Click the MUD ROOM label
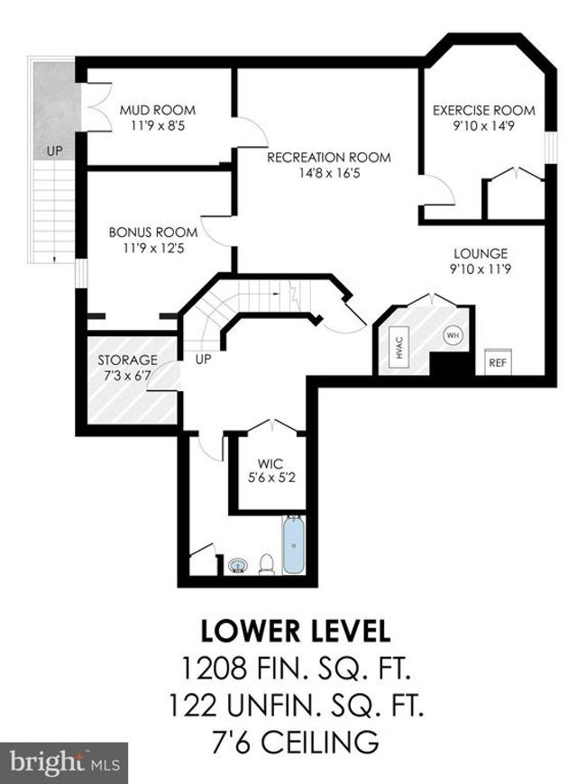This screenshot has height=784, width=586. (x=157, y=110)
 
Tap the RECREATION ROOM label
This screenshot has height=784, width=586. (x=329, y=158)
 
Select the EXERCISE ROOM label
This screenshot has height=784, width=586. (x=484, y=110)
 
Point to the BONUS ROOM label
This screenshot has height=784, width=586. (x=153, y=232)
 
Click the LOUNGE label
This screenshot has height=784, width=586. (x=481, y=253)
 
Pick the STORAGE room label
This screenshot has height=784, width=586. (x=127, y=360)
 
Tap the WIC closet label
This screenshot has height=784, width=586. (x=270, y=463)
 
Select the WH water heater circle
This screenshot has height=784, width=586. (x=453, y=334)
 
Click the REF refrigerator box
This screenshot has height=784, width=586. (x=498, y=362)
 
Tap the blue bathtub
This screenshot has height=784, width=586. (x=294, y=544)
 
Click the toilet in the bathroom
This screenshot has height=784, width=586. (x=267, y=564)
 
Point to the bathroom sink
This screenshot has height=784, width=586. (x=238, y=566)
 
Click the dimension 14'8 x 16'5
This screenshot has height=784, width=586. (x=329, y=174)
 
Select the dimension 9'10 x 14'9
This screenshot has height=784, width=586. (x=483, y=125)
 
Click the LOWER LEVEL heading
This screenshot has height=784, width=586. (x=295, y=631)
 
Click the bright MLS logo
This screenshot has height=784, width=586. (x=64, y=763)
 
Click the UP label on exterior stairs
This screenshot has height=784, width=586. (x=55, y=150)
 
